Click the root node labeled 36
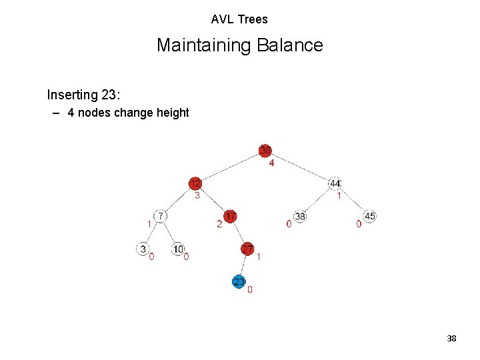point(265,150)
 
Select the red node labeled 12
point(195,183)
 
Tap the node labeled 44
point(335,183)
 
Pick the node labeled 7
point(160,216)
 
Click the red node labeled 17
point(230,216)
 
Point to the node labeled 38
point(300,216)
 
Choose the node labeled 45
point(370,216)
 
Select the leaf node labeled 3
point(143,249)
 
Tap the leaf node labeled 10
point(178,249)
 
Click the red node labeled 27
point(247,249)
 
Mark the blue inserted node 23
point(239,281)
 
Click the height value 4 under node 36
point(271,163)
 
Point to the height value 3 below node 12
point(197,196)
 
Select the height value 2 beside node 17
point(219,224)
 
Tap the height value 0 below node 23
point(250,290)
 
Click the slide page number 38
point(451,339)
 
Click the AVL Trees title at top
point(239,19)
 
